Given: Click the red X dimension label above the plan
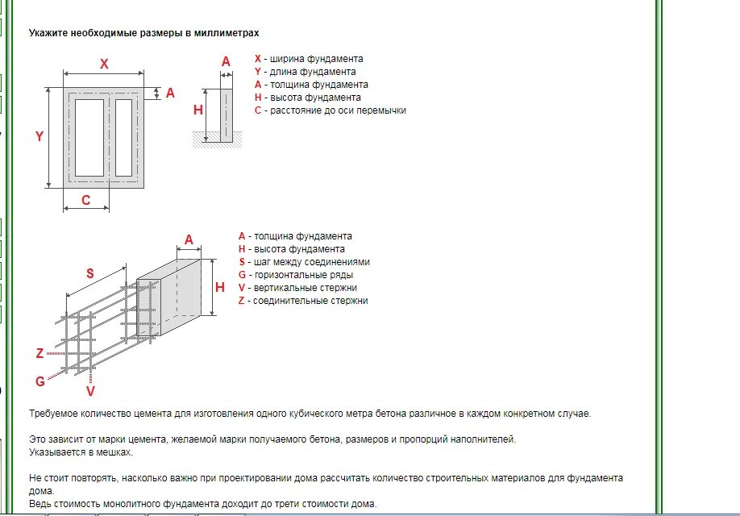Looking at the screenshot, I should click(x=104, y=64).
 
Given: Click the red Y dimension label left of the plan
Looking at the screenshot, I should click(x=39, y=136).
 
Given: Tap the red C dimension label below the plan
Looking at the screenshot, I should click(x=86, y=200).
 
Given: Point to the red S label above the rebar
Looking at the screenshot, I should click(x=90, y=273).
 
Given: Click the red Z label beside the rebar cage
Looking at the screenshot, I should click(x=39, y=353).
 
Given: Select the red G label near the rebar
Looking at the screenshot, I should click(x=39, y=381).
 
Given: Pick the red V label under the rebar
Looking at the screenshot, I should click(x=90, y=391).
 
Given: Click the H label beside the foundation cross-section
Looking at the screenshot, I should click(x=198, y=110).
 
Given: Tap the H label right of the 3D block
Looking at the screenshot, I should click(x=219, y=288).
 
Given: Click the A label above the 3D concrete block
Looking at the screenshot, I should click(x=189, y=239).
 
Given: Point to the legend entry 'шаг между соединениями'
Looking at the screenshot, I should click(x=310, y=262).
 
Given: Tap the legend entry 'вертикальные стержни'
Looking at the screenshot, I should click(x=304, y=288).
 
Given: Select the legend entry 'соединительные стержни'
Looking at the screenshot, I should click(x=310, y=301).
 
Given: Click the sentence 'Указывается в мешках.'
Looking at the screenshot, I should click(x=81, y=452).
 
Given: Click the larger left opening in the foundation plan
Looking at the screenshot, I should click(x=89, y=137).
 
